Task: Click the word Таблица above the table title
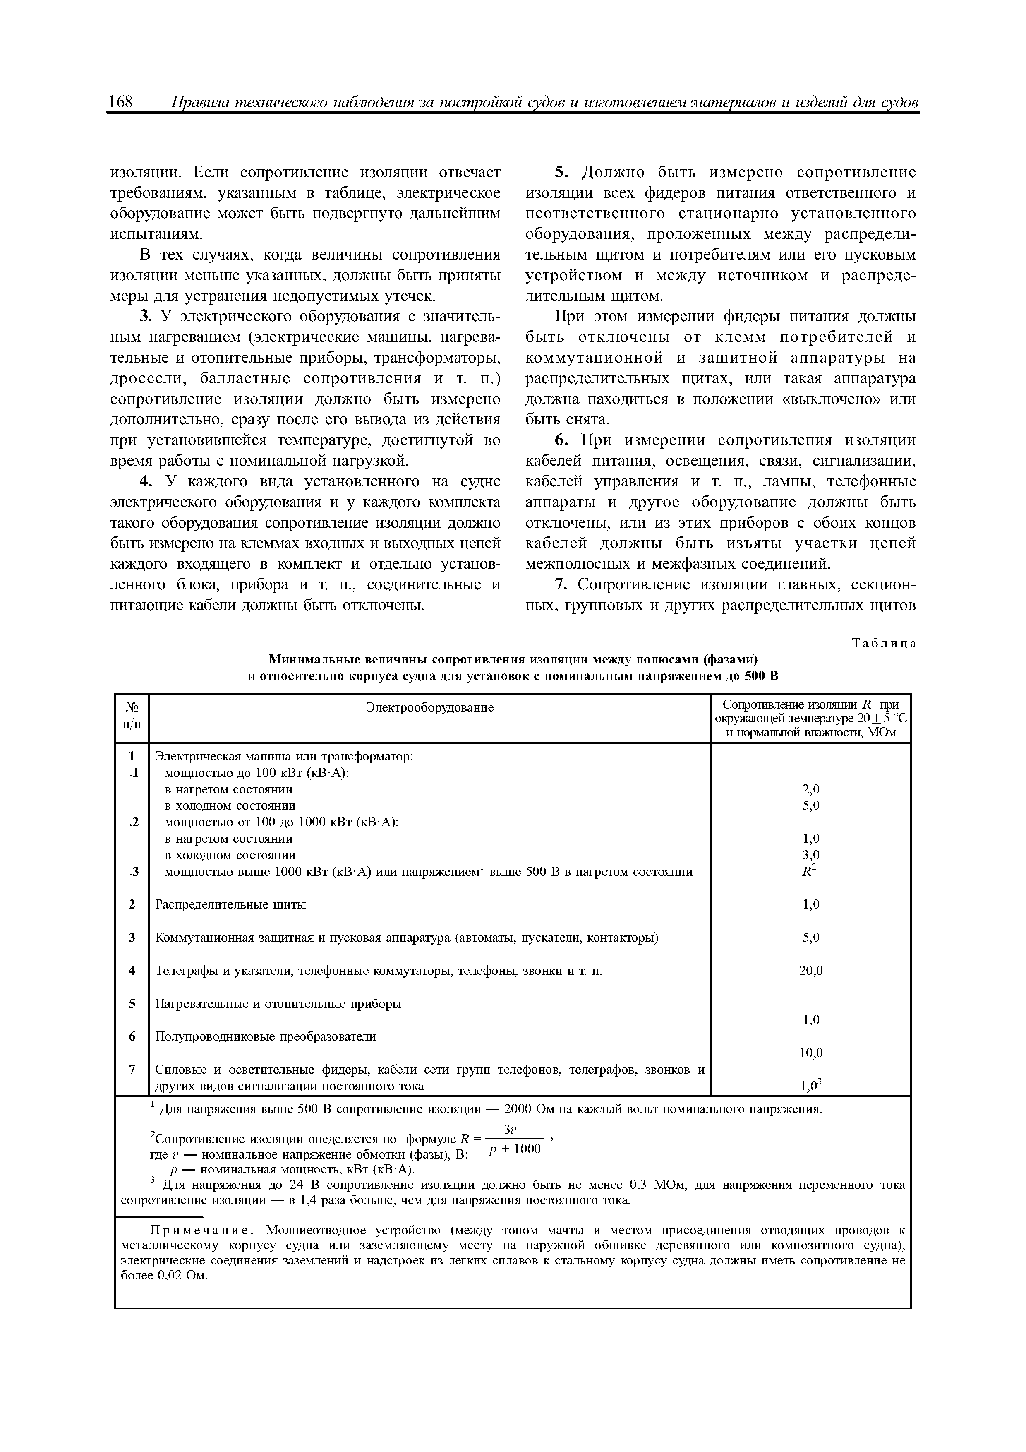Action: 884,644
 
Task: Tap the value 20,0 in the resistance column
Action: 811,970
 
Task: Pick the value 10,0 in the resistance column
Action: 811,1053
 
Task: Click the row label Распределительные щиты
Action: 231,904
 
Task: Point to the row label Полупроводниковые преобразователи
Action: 266,1036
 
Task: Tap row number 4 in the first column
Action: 132,970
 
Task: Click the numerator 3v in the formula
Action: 513,1130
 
